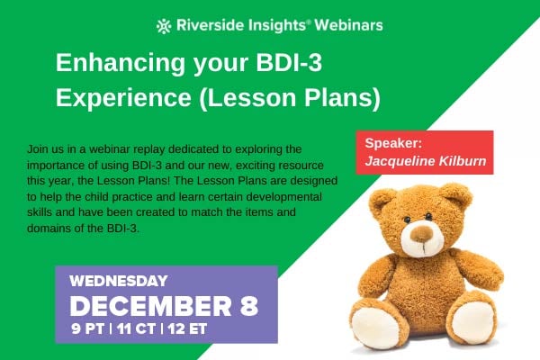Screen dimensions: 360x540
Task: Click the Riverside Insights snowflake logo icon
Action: click(164, 25)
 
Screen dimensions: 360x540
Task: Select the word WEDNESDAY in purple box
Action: click(118, 281)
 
